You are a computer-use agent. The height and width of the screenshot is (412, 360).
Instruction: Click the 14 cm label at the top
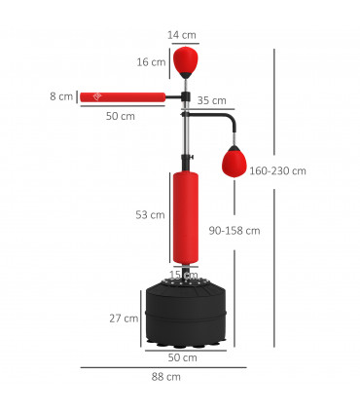(x=181, y=35)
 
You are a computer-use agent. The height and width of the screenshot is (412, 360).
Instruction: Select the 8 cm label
(x=62, y=96)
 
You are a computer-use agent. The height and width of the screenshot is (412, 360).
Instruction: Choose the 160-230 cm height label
(x=277, y=170)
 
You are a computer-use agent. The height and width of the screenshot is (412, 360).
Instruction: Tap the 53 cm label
(x=150, y=214)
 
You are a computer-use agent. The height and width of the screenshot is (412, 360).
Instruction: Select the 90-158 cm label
(x=234, y=231)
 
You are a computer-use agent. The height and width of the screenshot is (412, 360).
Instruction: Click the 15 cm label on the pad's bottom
(x=184, y=276)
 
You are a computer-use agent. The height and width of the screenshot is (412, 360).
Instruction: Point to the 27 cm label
(x=123, y=318)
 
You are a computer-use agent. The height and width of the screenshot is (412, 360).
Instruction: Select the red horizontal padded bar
(x=123, y=96)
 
